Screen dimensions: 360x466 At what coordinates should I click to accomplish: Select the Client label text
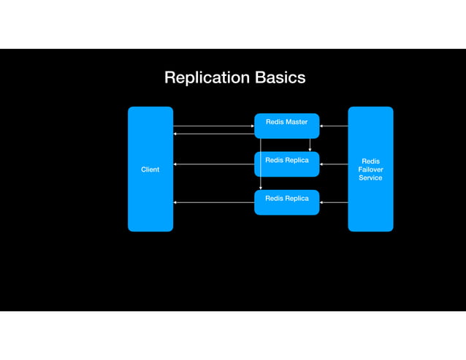pyautogui.click(x=150, y=169)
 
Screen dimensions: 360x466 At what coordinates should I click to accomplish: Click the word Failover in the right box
pyautogui.click(x=370, y=169)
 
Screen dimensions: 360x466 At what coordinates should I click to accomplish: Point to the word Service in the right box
pyautogui.click(x=370, y=178)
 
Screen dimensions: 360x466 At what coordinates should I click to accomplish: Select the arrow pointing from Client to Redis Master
pyautogui.click(x=213, y=126)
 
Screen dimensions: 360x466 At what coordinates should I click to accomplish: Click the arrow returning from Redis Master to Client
pyautogui.click(x=213, y=134)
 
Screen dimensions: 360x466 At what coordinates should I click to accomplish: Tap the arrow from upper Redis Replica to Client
pyautogui.click(x=213, y=164)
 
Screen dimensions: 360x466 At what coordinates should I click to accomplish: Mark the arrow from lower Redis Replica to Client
pyautogui.click(x=213, y=202)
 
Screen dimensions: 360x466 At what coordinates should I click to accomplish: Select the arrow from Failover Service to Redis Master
pyautogui.click(x=334, y=126)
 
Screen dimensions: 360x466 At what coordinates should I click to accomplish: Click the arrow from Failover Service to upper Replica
pyautogui.click(x=334, y=164)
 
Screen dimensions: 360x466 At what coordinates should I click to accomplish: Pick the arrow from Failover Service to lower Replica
pyautogui.click(x=334, y=202)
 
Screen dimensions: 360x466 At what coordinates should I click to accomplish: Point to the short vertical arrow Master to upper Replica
pyautogui.click(x=310, y=145)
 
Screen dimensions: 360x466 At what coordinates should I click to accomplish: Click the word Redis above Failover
pyautogui.click(x=370, y=161)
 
